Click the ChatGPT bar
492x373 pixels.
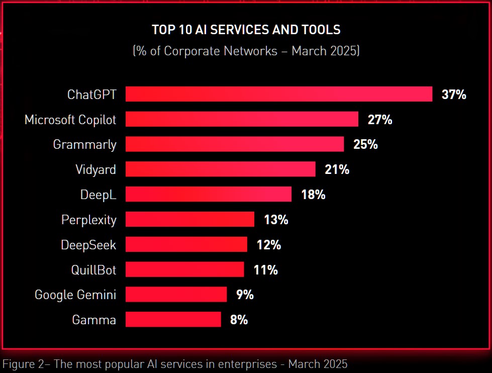(x=279, y=94)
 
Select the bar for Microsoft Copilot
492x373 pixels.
(x=242, y=119)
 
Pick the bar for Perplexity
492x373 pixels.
(x=190, y=220)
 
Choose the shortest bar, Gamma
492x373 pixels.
(x=173, y=320)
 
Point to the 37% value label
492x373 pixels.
(x=454, y=95)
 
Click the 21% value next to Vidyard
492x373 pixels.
(x=337, y=170)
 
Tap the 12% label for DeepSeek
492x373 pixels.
(x=269, y=245)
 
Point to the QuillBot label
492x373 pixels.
(x=93, y=270)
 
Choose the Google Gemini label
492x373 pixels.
(x=75, y=295)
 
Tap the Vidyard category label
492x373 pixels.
(x=95, y=170)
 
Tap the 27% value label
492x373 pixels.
(x=380, y=120)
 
